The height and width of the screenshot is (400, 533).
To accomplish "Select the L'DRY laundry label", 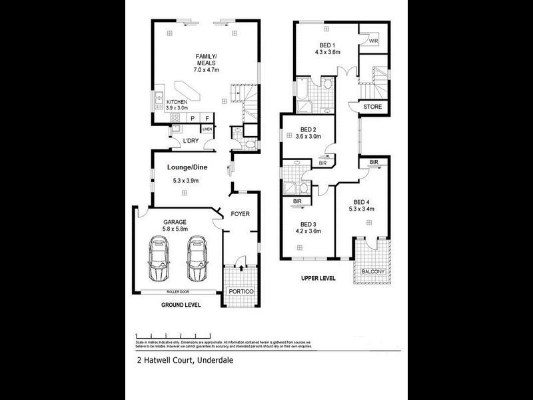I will pyautogui.click(x=191, y=141).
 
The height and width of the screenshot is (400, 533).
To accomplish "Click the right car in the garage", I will pyautogui.click(x=197, y=260).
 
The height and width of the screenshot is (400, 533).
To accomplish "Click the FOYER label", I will pyautogui.click(x=240, y=214).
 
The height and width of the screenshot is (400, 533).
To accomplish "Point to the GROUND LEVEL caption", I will pyautogui.click(x=181, y=305).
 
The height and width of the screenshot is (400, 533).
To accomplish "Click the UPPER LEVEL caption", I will pyautogui.click(x=318, y=278).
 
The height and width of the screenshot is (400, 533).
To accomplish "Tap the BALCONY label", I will pyautogui.click(x=372, y=271).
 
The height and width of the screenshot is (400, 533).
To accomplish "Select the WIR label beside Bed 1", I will pyautogui.click(x=372, y=41).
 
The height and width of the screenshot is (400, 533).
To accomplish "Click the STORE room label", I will pyautogui.click(x=372, y=107).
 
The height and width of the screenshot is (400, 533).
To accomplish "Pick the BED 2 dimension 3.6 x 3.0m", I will pyautogui.click(x=307, y=137).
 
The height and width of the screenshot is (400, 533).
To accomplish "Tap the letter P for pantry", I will pyautogui.click(x=193, y=118).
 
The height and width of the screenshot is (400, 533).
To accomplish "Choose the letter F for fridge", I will pyautogui.click(x=207, y=118).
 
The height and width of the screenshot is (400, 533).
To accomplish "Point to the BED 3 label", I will pyautogui.click(x=307, y=224).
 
